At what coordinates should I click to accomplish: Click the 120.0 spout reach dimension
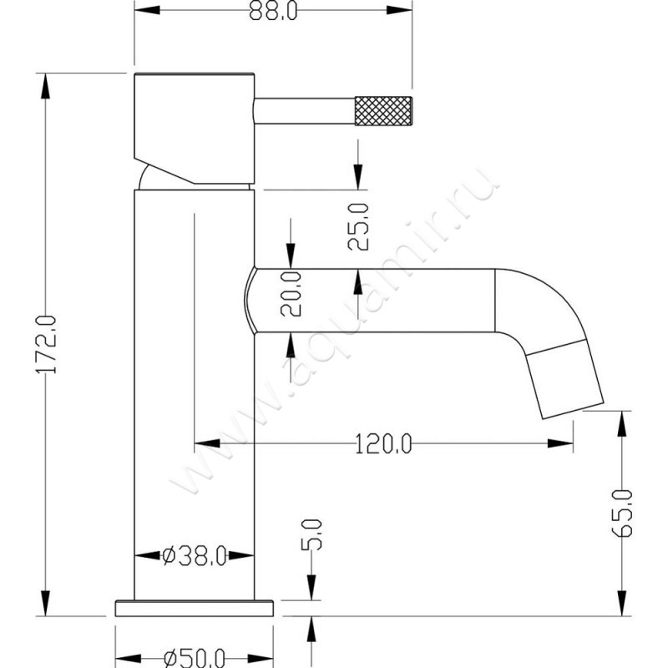click(383, 444)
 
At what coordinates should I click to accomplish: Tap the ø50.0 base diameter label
click(194, 657)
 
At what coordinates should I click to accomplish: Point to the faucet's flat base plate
click(194, 607)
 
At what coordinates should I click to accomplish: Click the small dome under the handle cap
click(150, 178)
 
